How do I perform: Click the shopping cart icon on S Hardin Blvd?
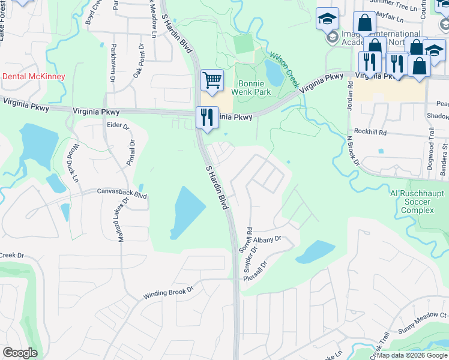click(212, 80)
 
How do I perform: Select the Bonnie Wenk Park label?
click(255, 88)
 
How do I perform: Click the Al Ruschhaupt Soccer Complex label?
click(412, 203)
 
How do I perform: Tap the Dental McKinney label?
click(34, 77)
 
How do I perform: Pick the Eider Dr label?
click(118, 127)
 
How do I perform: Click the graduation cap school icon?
click(327, 19)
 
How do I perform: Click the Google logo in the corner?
click(20, 352)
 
